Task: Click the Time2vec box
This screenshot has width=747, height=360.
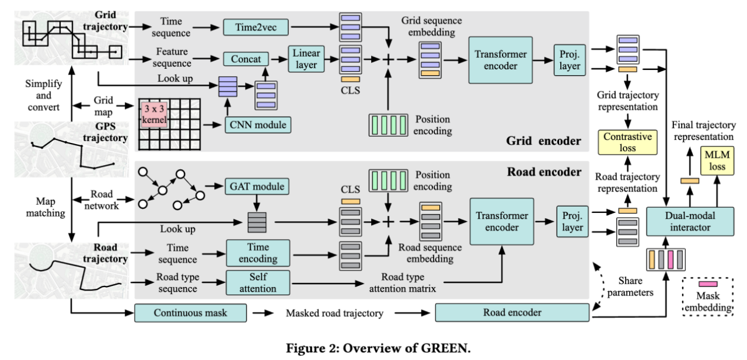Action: point(256,26)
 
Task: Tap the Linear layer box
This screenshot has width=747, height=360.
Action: point(306,60)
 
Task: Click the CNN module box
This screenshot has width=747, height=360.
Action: point(257,124)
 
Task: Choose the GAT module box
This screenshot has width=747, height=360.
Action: point(257,187)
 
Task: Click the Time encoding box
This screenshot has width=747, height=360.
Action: point(257,253)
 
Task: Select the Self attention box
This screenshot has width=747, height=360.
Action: point(257,282)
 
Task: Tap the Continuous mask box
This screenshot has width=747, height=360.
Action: point(189,313)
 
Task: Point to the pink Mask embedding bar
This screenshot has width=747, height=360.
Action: point(708,283)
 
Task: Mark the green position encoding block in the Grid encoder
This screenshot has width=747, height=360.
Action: point(388,124)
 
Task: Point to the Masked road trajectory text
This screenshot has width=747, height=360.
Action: point(334,313)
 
